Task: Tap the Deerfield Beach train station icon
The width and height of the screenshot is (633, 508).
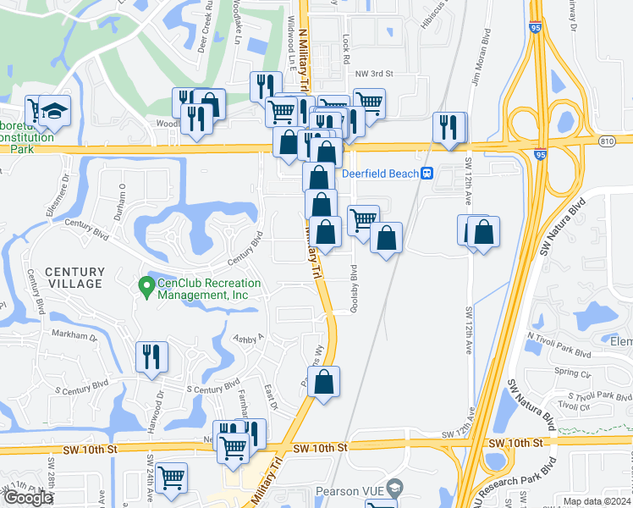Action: click(428, 174)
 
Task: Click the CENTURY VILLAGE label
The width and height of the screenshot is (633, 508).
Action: click(74, 277)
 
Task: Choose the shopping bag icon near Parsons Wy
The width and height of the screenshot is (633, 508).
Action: click(324, 382)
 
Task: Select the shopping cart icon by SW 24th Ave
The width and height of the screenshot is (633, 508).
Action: click(172, 478)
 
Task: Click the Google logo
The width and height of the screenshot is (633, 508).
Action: click(28, 498)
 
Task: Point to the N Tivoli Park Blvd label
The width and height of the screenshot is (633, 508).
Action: click(563, 345)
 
